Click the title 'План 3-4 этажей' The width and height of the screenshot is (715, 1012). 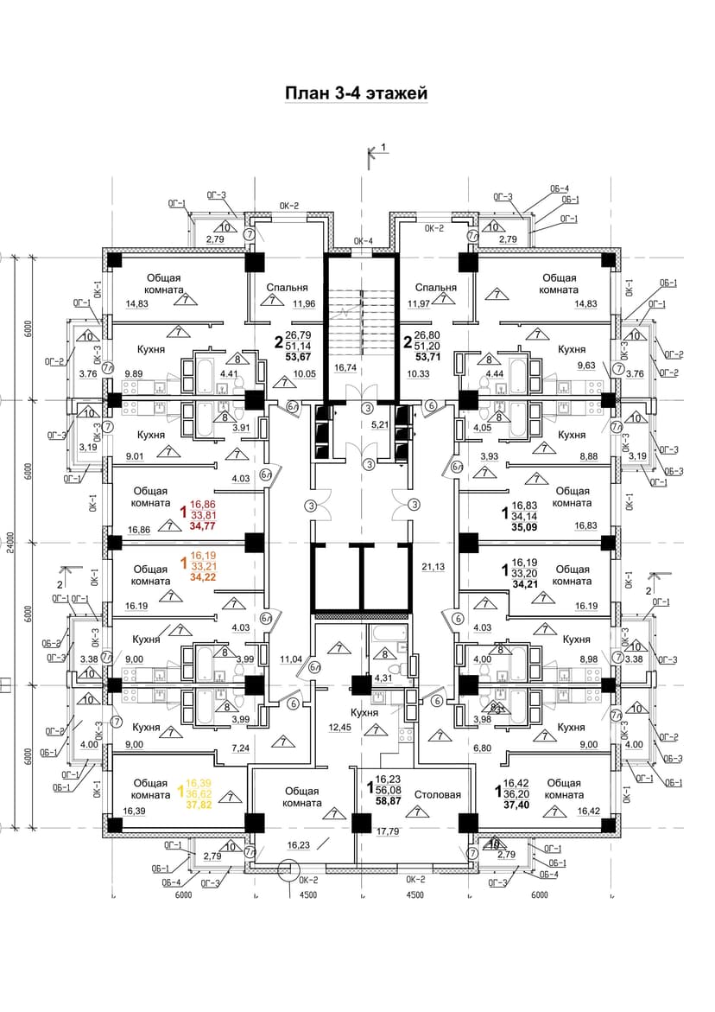pos(357,93)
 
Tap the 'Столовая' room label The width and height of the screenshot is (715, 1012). pos(437,795)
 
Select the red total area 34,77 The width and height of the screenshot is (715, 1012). pos(204,525)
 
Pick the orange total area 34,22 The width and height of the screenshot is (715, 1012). pos(204,577)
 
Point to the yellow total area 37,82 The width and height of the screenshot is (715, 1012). pos(204,802)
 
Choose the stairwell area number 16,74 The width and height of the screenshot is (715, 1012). pos(345,367)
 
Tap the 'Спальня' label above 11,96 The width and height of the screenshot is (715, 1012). pos(284,288)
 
